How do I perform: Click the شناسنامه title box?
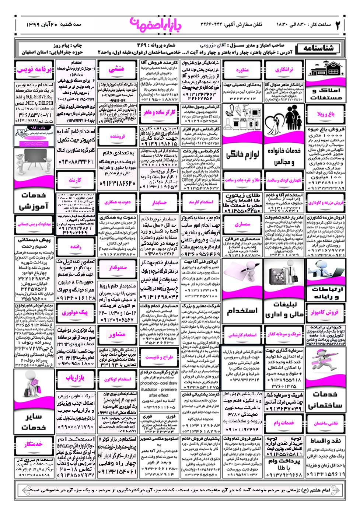click(319, 48)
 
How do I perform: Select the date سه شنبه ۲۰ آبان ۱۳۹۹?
click(53, 24)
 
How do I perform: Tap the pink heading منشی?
click(116, 69)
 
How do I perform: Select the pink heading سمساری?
click(242, 224)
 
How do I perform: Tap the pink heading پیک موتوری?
click(75, 313)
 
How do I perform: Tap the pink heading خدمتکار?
click(34, 444)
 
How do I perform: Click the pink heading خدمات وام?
click(284, 423)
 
